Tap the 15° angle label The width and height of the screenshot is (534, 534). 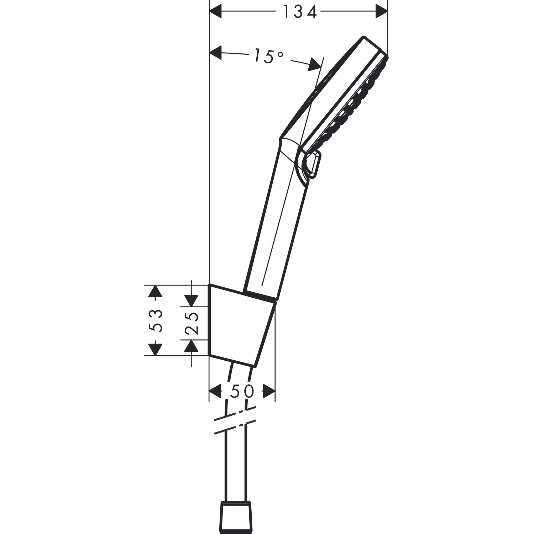(x=269, y=57)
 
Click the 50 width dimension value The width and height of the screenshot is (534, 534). (x=242, y=391)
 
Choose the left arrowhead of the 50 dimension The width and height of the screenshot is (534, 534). (x=215, y=391)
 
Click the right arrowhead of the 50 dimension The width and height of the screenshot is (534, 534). (x=269, y=391)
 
